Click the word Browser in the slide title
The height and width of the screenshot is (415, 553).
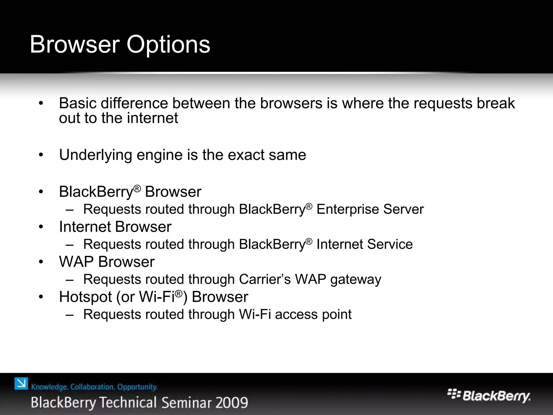click(75, 45)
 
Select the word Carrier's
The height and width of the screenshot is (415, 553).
click(265, 279)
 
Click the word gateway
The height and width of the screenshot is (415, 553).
click(356, 280)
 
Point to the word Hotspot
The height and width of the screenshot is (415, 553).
click(85, 297)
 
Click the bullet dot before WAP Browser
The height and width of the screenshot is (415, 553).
click(41, 262)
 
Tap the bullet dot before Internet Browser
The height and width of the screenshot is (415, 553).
click(41, 227)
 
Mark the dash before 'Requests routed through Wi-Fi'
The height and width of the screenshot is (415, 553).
click(69, 315)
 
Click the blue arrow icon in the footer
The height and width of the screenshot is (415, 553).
click(21, 384)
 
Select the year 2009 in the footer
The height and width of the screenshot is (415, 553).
click(232, 403)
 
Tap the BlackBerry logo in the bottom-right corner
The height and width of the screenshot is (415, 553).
click(489, 396)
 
